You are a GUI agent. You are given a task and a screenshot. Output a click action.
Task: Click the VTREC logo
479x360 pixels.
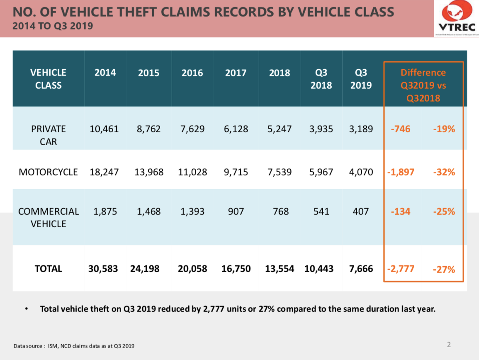point(456,19)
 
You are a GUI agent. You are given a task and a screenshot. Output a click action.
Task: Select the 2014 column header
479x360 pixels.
point(105,73)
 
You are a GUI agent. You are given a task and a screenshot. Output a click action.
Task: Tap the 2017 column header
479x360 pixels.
point(236,73)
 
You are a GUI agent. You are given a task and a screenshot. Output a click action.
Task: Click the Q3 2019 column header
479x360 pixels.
point(361,79)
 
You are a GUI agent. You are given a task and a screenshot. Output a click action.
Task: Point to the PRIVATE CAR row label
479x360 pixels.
point(48,135)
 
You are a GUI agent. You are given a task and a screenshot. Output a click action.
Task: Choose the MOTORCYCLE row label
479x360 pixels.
point(48,172)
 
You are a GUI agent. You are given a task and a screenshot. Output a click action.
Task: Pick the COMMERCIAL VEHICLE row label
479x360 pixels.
point(48,217)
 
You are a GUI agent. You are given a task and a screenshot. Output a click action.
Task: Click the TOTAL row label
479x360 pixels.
point(48,269)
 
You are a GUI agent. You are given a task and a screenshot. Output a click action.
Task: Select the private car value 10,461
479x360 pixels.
point(104,129)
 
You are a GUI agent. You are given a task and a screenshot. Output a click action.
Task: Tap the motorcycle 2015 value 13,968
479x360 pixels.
point(149,172)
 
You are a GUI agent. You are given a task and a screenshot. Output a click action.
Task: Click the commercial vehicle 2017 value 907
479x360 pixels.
point(236,212)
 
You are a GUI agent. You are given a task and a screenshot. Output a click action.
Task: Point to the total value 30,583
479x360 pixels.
point(103,269)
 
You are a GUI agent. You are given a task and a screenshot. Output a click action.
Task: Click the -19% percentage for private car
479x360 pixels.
point(444,129)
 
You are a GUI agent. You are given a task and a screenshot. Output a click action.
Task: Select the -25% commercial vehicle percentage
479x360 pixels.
point(444,212)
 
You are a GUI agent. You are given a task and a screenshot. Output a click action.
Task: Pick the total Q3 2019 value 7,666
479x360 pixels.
point(361,269)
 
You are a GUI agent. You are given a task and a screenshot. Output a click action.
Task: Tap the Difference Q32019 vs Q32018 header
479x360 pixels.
point(423,85)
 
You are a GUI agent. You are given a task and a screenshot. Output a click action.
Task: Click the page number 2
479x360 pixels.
point(449,344)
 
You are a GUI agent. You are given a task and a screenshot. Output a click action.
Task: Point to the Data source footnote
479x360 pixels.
point(74,346)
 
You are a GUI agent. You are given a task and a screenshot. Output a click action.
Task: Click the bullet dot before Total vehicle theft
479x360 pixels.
point(27,309)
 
